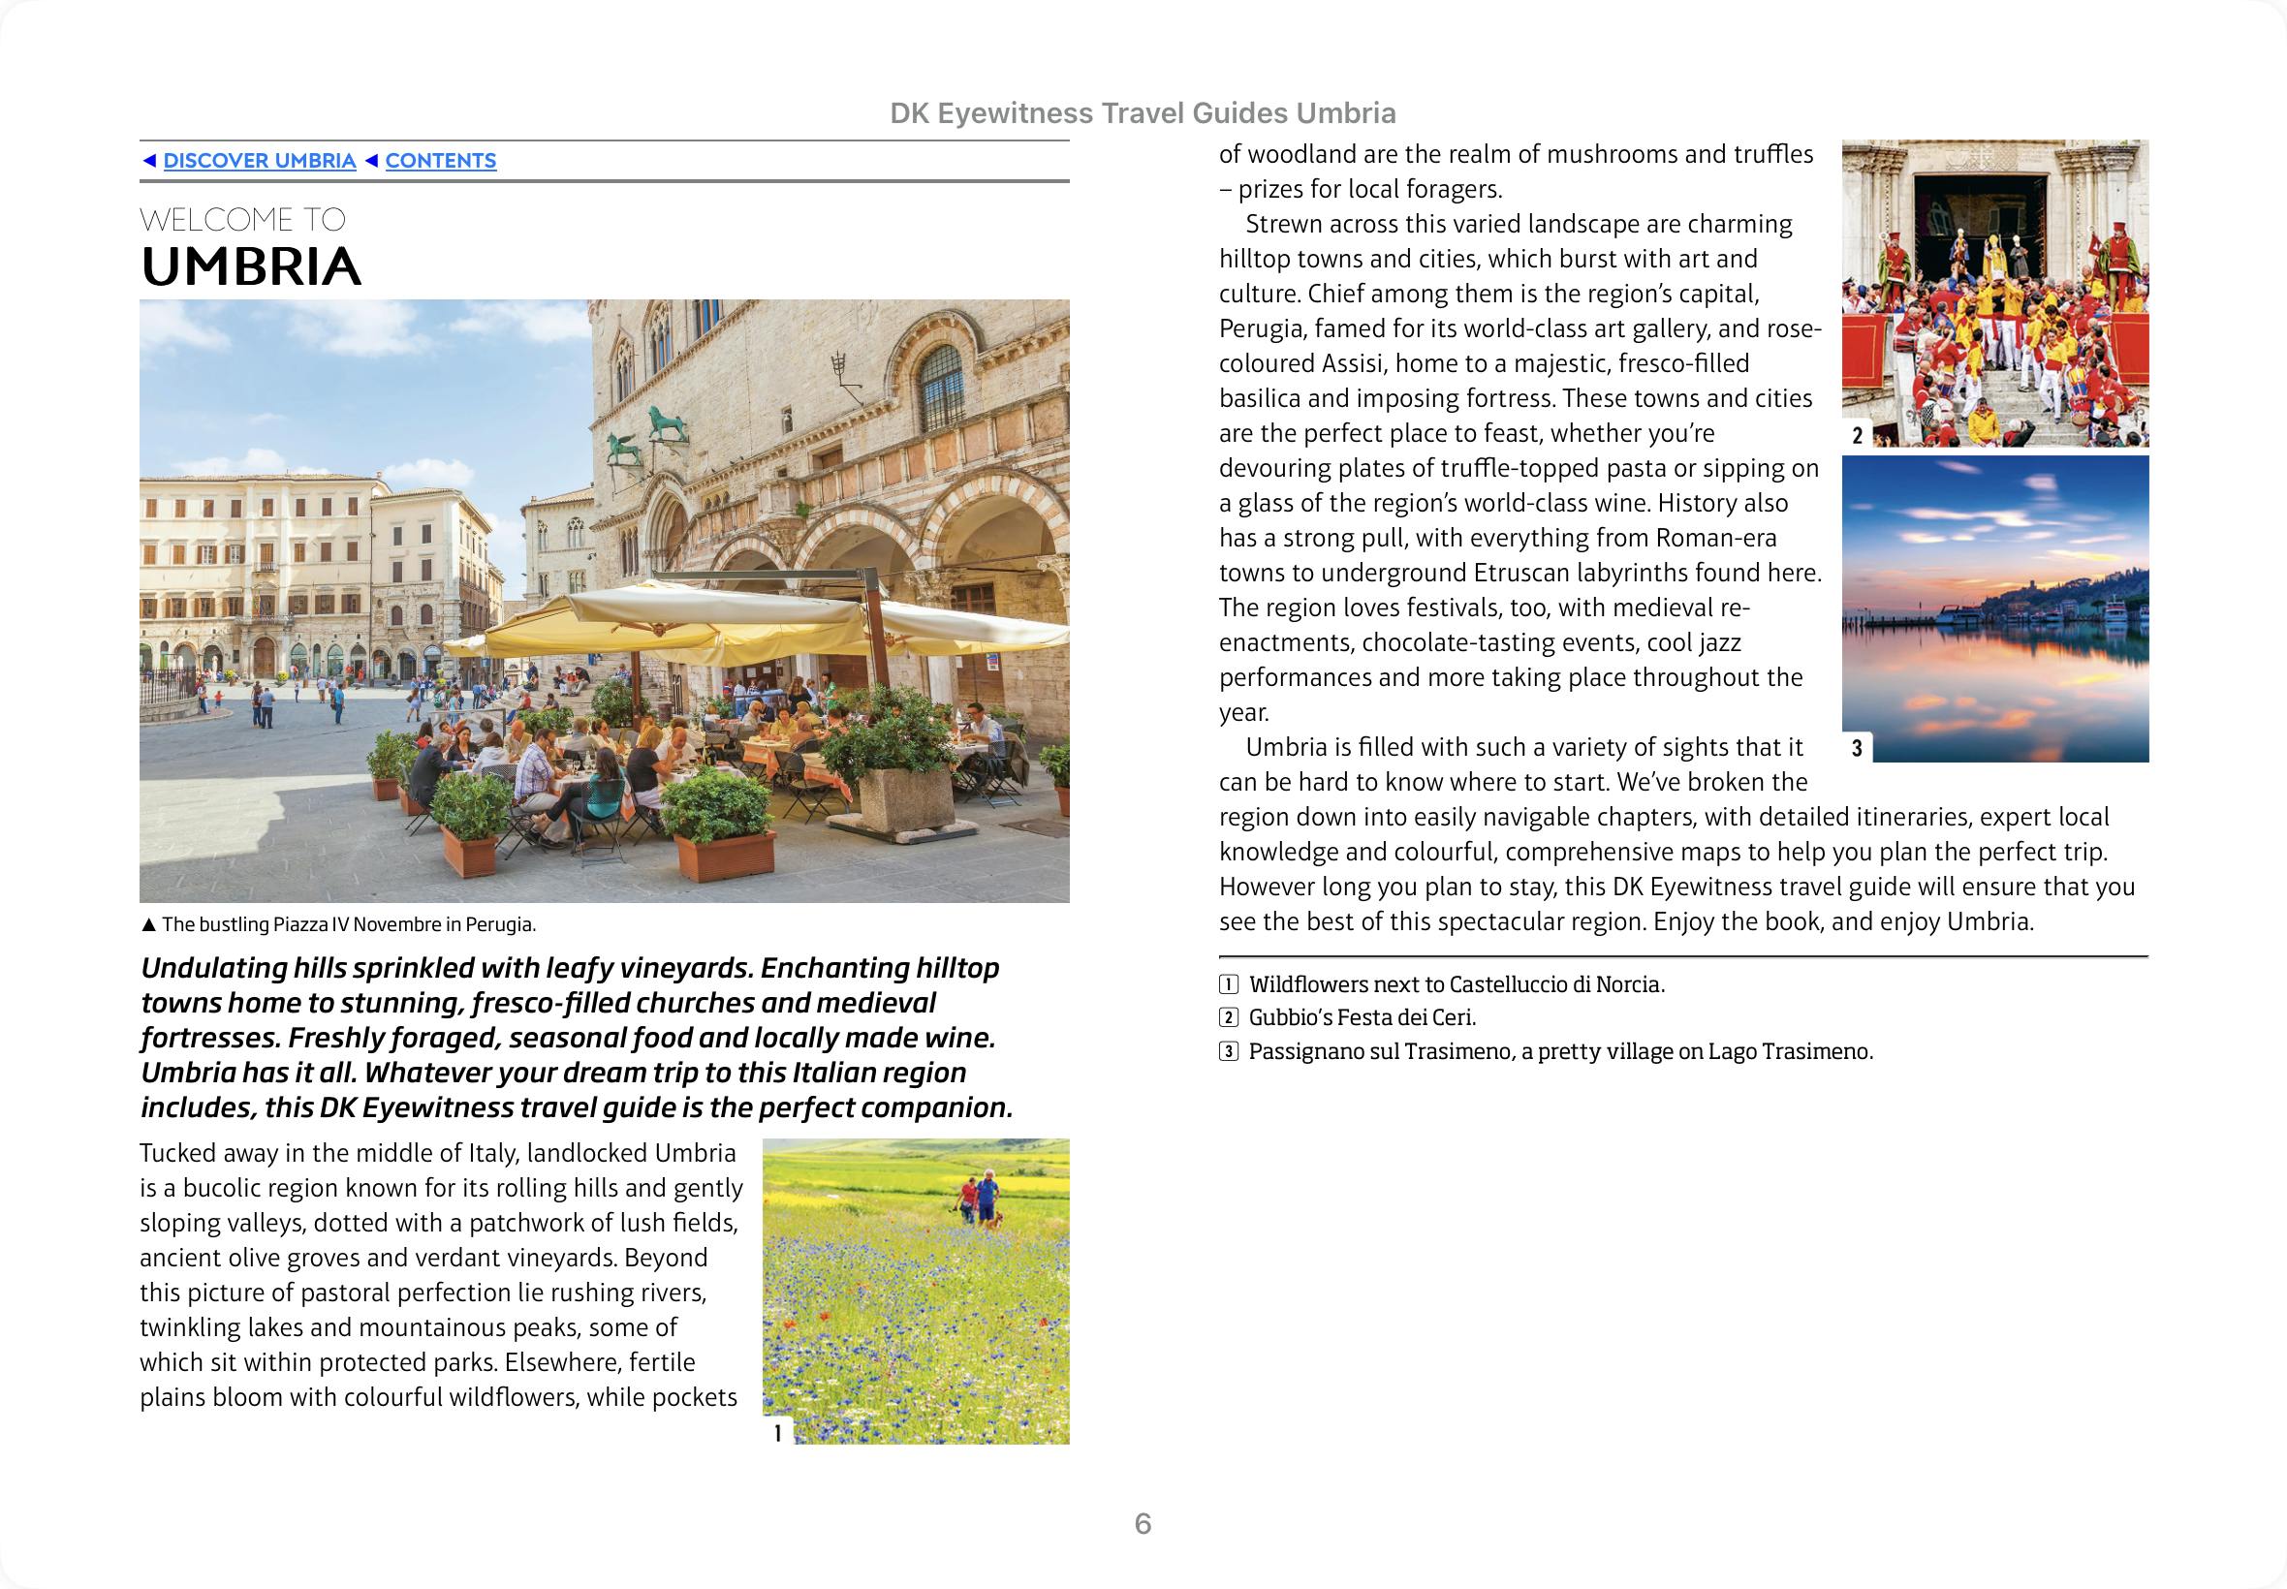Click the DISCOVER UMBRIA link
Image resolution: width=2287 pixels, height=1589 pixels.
(259, 161)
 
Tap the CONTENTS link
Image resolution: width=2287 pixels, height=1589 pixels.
(440, 161)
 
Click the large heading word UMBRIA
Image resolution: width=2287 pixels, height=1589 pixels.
(251, 266)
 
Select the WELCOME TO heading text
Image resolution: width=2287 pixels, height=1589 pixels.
(243, 219)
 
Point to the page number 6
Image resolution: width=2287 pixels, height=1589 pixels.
(1143, 1523)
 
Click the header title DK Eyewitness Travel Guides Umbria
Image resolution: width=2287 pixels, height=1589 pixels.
(1143, 113)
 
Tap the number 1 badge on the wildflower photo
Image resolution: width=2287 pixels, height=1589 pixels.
(777, 1433)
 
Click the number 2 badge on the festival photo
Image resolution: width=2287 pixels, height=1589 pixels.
(1857, 435)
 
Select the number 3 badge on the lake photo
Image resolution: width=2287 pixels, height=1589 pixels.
(1857, 749)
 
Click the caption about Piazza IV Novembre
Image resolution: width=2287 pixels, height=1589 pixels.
(349, 925)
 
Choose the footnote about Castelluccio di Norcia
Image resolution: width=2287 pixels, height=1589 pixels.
(1456, 984)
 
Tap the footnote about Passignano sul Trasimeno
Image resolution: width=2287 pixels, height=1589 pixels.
(1560, 1051)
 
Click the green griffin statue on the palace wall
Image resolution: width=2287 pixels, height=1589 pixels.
(626, 448)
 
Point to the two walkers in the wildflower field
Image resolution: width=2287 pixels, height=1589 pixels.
(978, 1200)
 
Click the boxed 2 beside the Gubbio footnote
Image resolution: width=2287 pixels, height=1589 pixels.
(1230, 1017)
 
